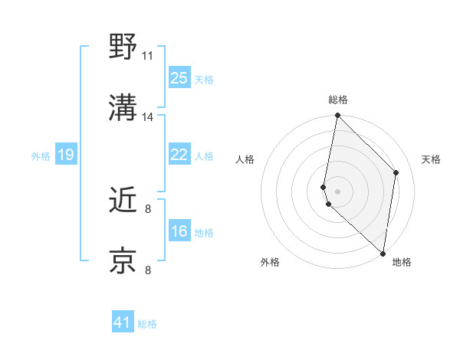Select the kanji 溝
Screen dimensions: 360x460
pos(123,107)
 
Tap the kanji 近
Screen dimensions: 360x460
pos(123,199)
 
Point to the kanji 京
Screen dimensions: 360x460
pos(123,260)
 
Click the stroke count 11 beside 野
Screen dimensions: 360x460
pos(147,56)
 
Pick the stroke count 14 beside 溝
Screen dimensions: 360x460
pos(147,117)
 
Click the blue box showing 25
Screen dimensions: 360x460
pos(179,78)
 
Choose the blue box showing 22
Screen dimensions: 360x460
pos(179,155)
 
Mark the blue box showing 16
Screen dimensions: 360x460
pos(179,231)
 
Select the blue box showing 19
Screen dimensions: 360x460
pos(65,155)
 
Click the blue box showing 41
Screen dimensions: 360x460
pos(123,322)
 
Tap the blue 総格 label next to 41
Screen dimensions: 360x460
pos(147,324)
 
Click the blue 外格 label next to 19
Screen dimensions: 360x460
pos(41,156)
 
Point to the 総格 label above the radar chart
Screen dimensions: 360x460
pos(337,100)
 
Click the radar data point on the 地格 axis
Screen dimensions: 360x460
pos(383,254)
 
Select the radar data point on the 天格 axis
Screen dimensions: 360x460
pos(396,172)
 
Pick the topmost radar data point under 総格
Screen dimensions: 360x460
pos(337,116)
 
